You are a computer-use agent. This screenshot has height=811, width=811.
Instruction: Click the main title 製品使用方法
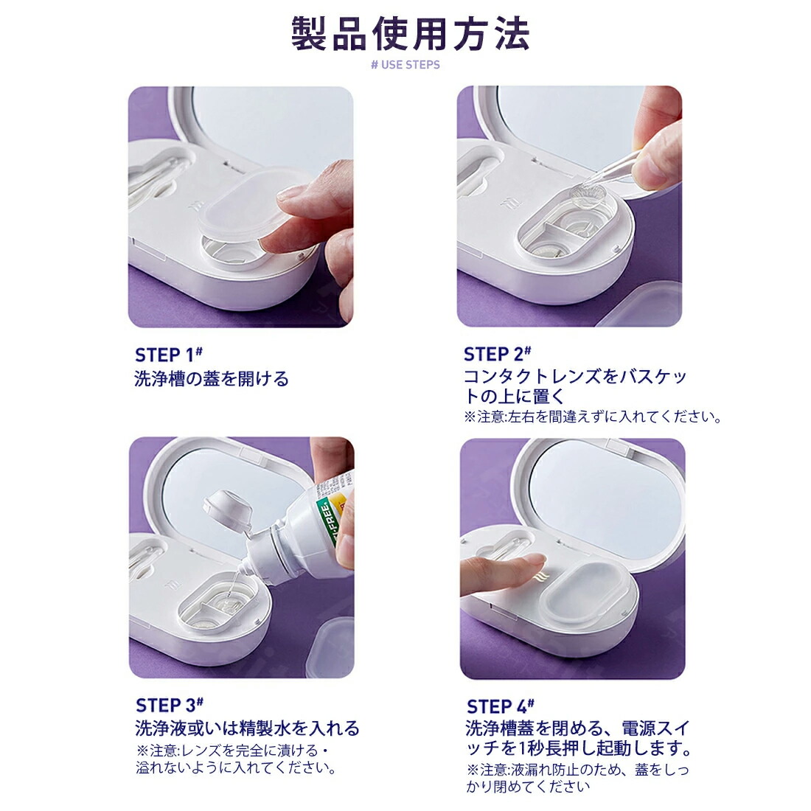410,34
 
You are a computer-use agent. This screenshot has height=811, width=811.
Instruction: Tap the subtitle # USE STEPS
405,65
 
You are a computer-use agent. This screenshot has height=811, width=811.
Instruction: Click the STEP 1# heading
169,355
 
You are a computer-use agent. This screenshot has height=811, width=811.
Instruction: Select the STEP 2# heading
498,355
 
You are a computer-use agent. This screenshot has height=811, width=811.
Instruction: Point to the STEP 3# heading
170,705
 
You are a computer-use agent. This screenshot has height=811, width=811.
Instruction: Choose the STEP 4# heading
501,706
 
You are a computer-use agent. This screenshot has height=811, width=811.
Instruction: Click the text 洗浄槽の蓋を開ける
212,379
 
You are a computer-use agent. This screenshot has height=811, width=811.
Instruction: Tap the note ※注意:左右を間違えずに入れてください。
593,417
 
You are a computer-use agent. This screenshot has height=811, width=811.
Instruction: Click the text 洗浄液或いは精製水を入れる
247,728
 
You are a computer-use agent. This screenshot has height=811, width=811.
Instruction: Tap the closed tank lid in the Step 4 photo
587,593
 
